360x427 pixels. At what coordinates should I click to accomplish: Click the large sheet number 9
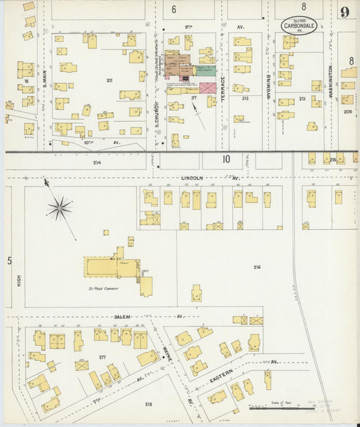[x=345, y=11]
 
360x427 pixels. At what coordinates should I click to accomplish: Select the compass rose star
[x=59, y=207]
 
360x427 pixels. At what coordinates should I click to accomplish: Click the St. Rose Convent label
[x=103, y=288]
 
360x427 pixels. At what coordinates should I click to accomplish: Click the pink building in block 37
[x=209, y=88]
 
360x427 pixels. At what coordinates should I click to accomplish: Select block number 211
[x=109, y=80]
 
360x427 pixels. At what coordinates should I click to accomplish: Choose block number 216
[x=257, y=268]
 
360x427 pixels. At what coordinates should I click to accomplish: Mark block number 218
[x=148, y=405]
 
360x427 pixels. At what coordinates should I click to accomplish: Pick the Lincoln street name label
[x=192, y=178]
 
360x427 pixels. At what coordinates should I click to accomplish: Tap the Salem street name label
[x=122, y=316]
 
